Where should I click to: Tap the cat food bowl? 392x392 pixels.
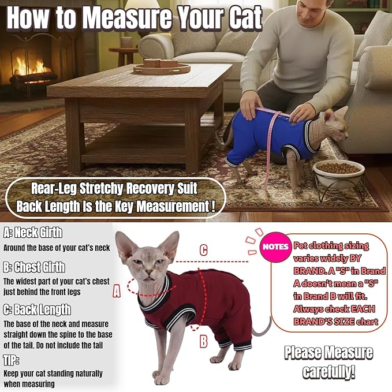pyautogui.click(x=338, y=169)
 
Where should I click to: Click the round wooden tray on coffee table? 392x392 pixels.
pyautogui.click(x=161, y=67)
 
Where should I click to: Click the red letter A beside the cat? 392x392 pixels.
pyautogui.click(x=117, y=292)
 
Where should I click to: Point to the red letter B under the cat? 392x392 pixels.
pyautogui.click(x=203, y=342)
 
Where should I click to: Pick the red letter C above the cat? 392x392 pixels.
pyautogui.click(x=203, y=250)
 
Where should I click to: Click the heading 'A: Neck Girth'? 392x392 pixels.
pyautogui.click(x=33, y=233)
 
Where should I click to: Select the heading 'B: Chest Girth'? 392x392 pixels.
pyautogui.click(x=35, y=267)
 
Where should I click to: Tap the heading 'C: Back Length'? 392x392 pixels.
pyautogui.click(x=37, y=309)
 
